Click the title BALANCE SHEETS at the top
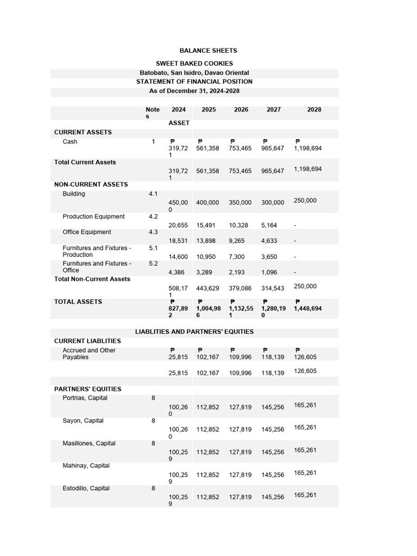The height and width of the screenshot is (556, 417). point(208,50)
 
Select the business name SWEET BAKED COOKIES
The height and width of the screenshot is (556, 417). point(194,64)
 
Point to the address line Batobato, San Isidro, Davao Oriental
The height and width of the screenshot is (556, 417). point(194,73)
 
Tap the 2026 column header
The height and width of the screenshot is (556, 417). point(241,110)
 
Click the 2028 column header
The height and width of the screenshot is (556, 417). point(314,110)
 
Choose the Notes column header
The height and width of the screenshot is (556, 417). point(152,113)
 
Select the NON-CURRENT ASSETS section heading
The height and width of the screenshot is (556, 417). point(91,185)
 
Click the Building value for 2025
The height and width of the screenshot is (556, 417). point(207,203)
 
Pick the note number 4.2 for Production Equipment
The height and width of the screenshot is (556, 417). point(153,217)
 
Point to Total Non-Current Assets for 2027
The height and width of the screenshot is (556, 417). point(273,289)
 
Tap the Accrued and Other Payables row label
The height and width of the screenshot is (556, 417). point(89,354)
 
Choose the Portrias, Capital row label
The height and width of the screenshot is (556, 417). point(85,398)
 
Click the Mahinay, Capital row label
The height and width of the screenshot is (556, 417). point(86,466)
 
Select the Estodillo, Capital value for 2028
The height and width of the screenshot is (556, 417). point(305,495)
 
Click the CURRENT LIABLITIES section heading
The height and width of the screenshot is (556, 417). point(87,341)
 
